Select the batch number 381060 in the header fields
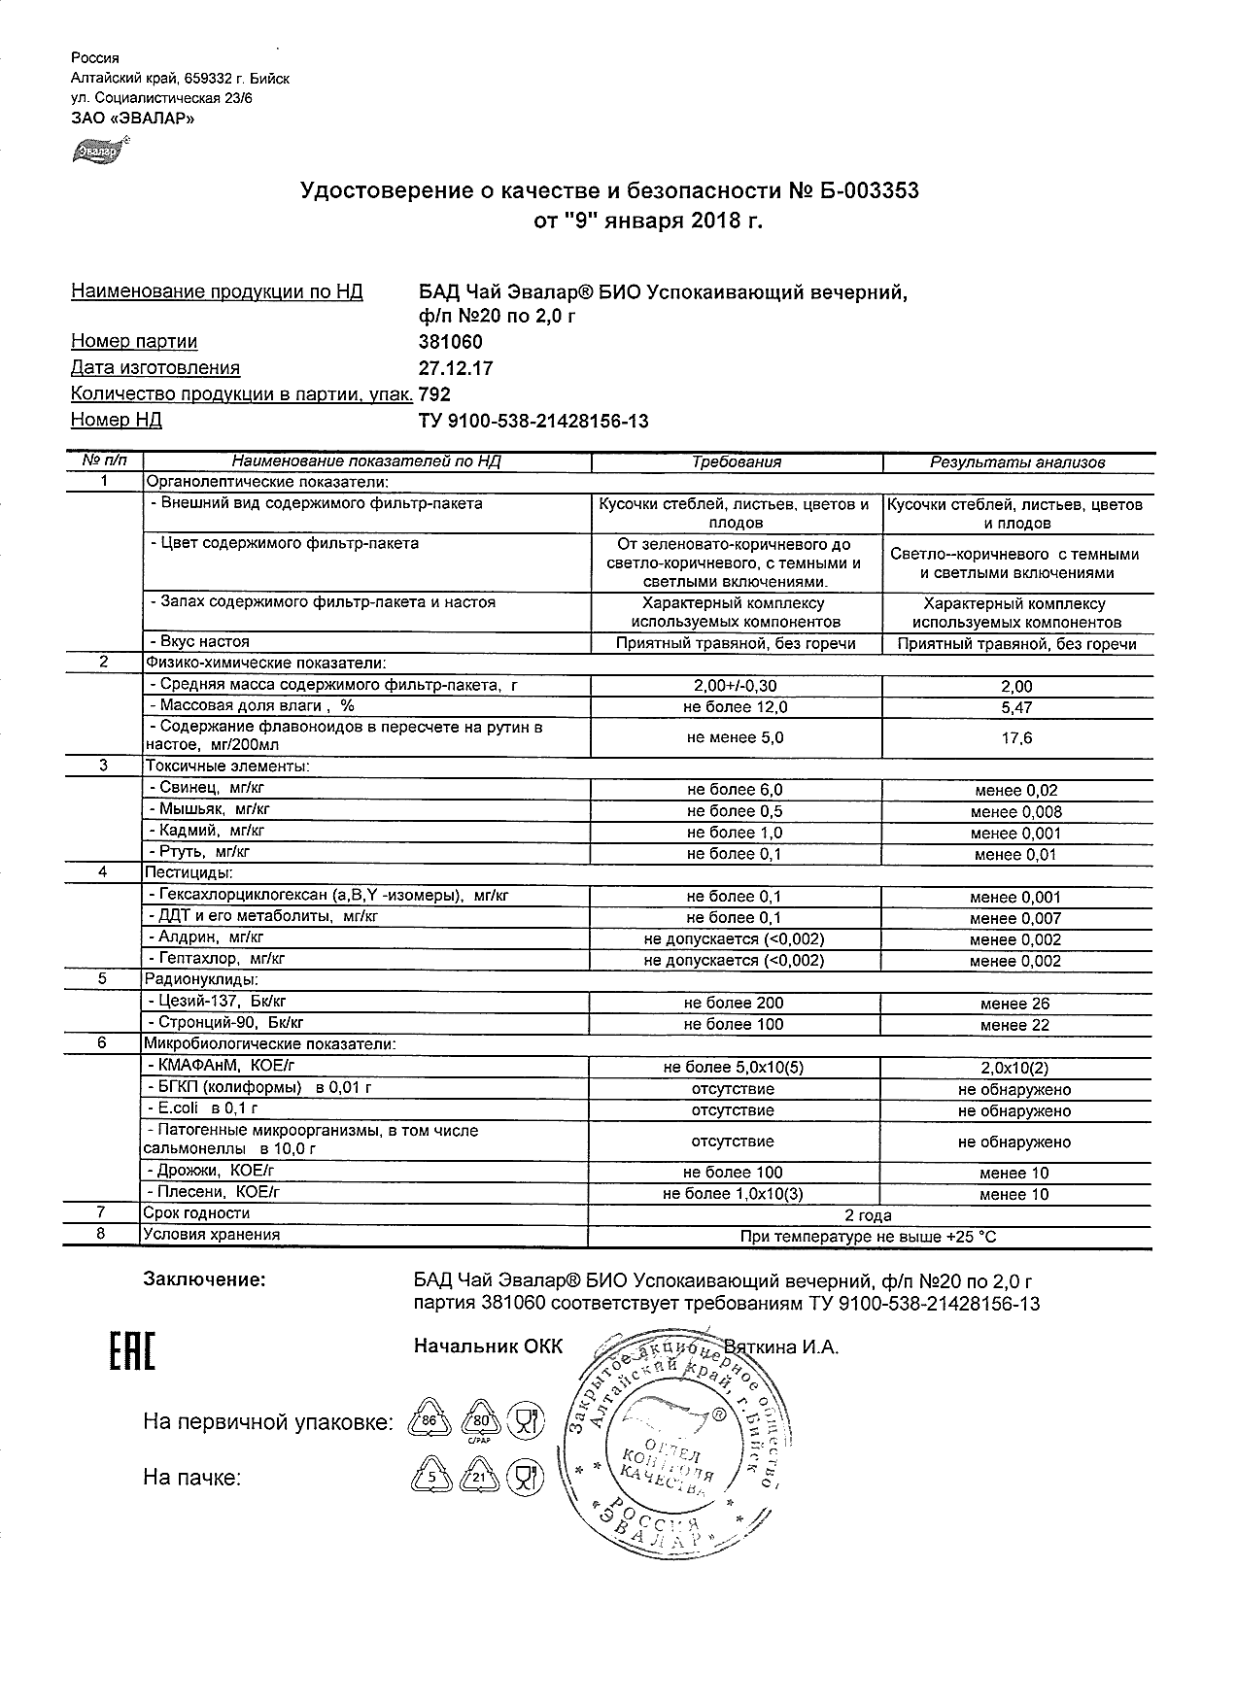click(x=450, y=342)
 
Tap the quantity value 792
click(x=434, y=394)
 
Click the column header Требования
click(x=736, y=462)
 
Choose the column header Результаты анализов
click(x=1017, y=462)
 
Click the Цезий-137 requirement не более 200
click(x=734, y=1003)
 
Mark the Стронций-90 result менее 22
click(x=1015, y=1025)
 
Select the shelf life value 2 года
click(x=869, y=1215)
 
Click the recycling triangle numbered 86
click(x=428, y=1422)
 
